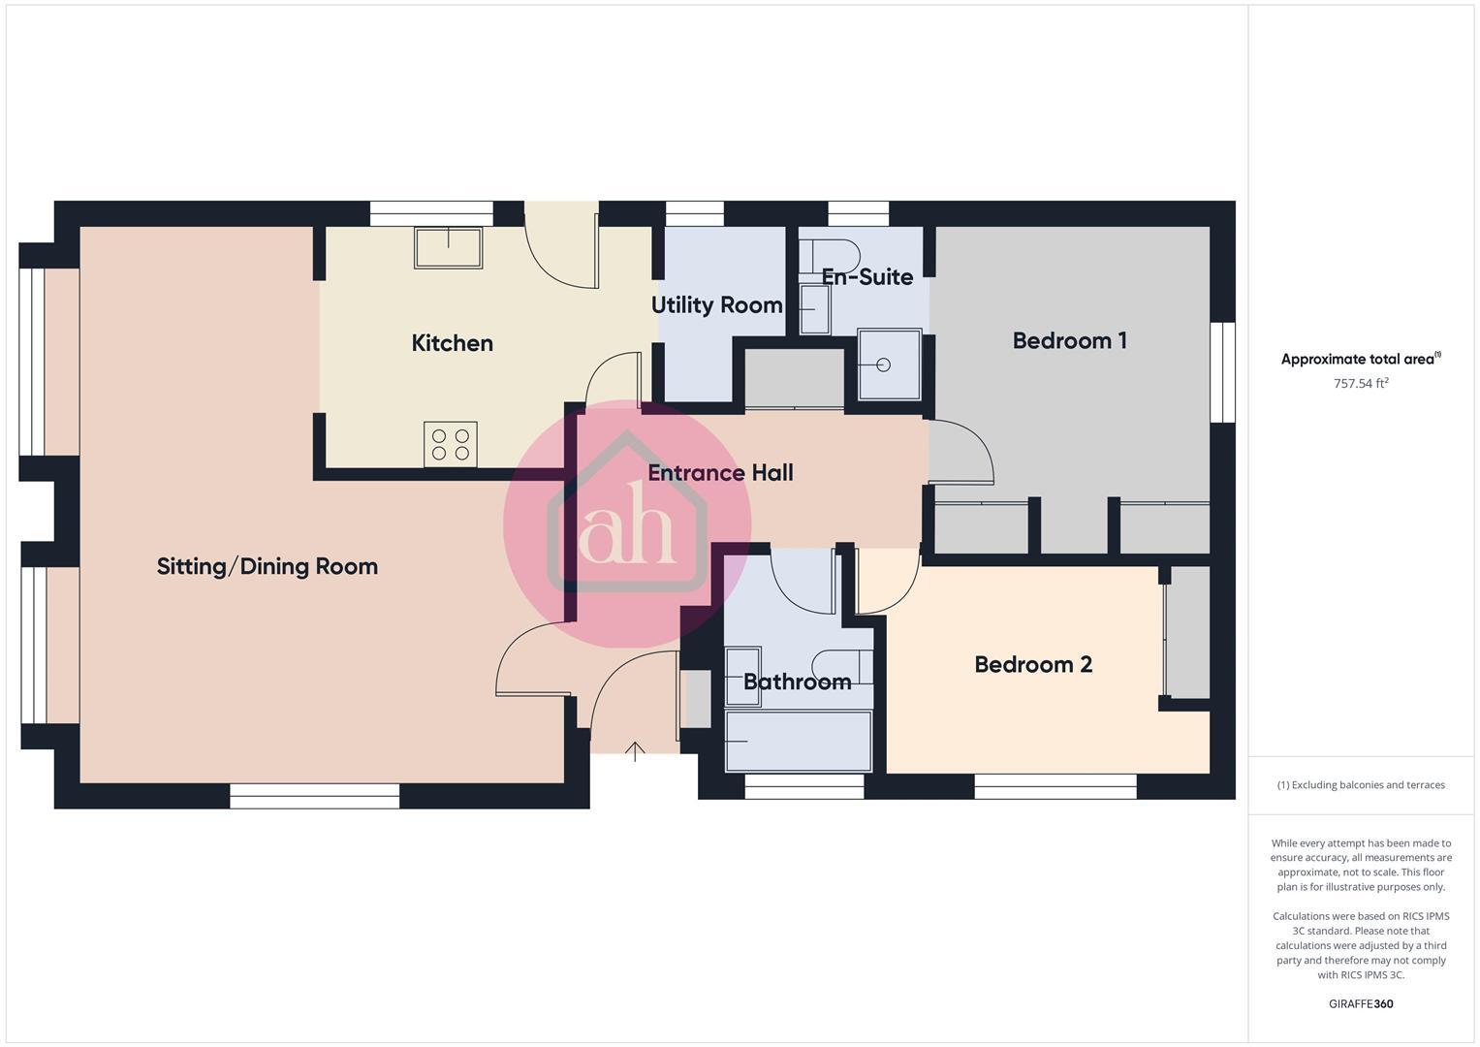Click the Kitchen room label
click(x=452, y=343)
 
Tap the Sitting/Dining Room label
click(x=268, y=566)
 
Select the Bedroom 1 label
click(x=1069, y=341)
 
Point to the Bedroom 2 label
click(x=1033, y=665)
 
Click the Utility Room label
click(x=716, y=305)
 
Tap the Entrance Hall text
click(x=720, y=473)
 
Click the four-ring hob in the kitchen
click(x=450, y=444)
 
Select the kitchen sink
click(x=449, y=247)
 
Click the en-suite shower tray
click(x=889, y=365)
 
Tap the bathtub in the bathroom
click(x=799, y=741)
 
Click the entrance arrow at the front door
click(x=635, y=749)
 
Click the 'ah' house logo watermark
click(x=627, y=523)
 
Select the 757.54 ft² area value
click(x=1361, y=384)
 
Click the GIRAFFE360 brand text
click(x=1360, y=1003)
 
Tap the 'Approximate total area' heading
click(x=1360, y=360)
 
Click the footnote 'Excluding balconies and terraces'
click(x=1361, y=785)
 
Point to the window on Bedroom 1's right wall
click(x=1223, y=372)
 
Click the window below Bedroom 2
click(x=1055, y=786)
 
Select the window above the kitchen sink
click(x=431, y=213)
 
